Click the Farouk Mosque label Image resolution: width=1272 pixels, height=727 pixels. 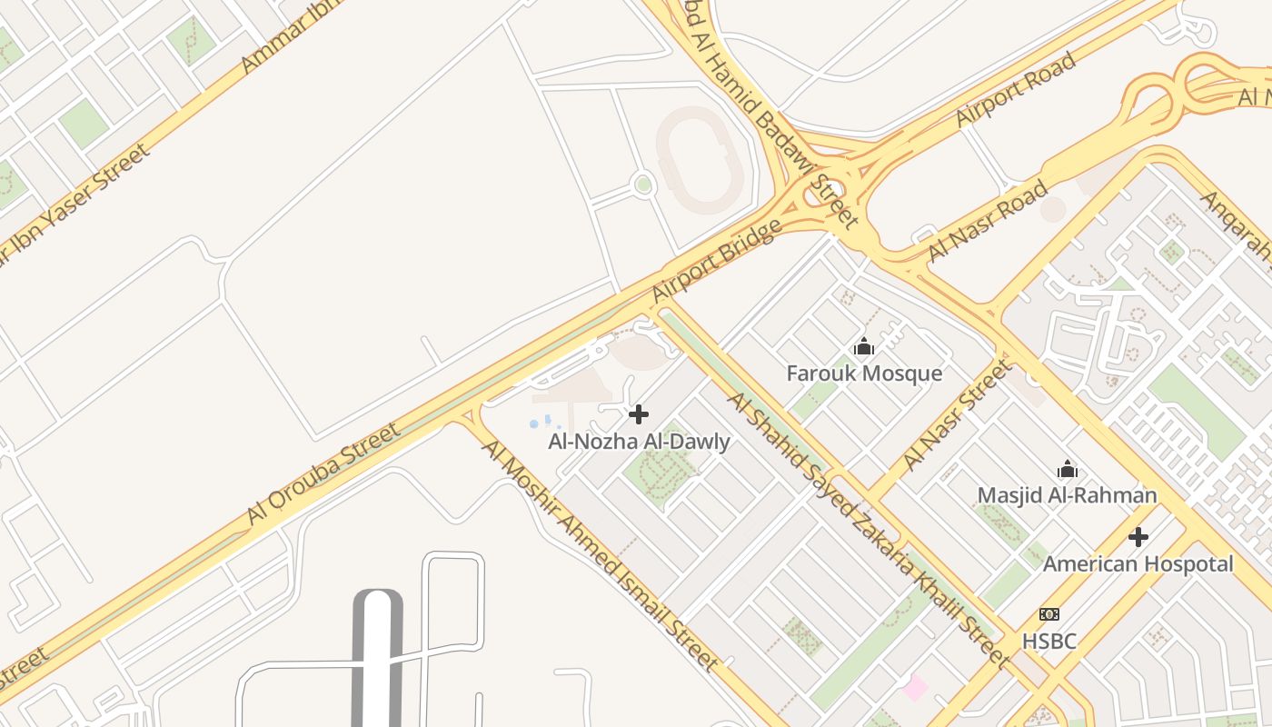(864, 373)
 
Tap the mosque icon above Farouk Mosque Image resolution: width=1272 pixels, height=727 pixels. (864, 346)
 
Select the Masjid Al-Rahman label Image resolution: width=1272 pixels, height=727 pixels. (1067, 495)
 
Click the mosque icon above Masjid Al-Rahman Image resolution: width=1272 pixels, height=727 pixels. (1068, 469)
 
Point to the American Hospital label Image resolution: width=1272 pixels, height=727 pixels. (1138, 564)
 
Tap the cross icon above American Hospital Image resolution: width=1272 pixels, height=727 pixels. (1138, 537)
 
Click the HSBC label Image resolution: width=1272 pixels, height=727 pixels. (1049, 642)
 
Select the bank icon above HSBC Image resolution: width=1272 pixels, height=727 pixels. (1049, 614)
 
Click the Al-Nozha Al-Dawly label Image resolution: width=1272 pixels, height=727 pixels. (639, 443)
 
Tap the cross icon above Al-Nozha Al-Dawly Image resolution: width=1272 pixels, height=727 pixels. (639, 414)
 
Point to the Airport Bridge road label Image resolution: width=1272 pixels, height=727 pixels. (717, 261)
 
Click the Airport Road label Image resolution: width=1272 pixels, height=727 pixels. (1016, 90)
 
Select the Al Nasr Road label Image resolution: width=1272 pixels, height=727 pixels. (988, 221)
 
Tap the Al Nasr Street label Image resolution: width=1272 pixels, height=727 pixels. (956, 416)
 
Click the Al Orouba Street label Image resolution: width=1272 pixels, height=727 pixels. (323, 473)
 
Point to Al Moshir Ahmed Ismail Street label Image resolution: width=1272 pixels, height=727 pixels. (601, 555)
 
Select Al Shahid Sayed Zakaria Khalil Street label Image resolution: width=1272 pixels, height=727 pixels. (868, 531)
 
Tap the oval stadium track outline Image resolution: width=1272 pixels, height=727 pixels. (700, 160)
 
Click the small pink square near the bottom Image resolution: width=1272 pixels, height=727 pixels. (915, 688)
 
